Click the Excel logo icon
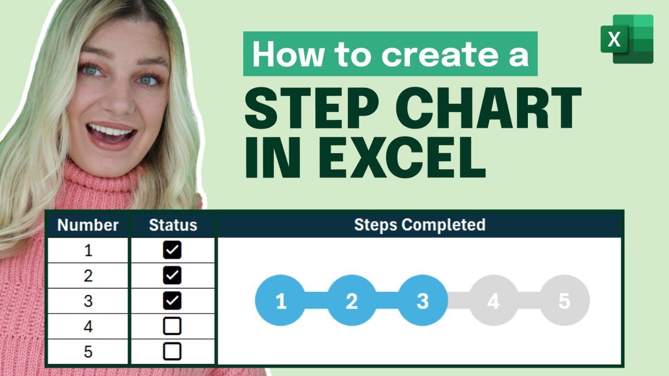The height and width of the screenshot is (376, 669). tap(627, 39)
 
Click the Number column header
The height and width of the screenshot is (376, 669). tap(88, 225)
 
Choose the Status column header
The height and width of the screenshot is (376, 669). tap(173, 225)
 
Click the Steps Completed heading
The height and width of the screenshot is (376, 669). tap(420, 225)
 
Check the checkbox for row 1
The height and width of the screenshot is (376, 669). tap(172, 250)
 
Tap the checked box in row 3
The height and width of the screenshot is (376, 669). tap(172, 301)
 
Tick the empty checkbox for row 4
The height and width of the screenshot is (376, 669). tap(172, 326)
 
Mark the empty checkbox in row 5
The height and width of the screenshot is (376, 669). tap(172, 351)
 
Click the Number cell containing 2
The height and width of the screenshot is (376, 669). tap(88, 276)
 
